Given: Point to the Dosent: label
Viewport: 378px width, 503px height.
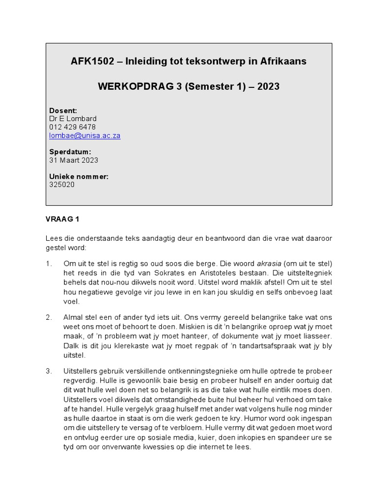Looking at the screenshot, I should (x=63, y=111).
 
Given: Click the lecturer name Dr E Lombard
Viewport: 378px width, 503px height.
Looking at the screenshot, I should (x=73, y=119).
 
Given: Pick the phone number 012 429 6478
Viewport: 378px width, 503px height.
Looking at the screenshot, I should (x=72, y=127).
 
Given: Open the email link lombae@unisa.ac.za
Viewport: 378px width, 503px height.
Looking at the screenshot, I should (x=85, y=136).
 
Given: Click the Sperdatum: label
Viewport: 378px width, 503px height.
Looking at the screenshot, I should (x=70, y=152).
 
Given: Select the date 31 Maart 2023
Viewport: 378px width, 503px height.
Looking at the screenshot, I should (x=73, y=160).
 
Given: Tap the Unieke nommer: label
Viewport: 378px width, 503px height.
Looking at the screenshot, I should (x=79, y=176).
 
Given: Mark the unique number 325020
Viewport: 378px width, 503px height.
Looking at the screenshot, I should (x=62, y=185).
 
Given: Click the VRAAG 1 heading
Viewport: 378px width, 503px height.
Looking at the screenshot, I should (x=62, y=218).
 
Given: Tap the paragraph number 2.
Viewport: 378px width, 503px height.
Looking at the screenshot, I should (x=49, y=318).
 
